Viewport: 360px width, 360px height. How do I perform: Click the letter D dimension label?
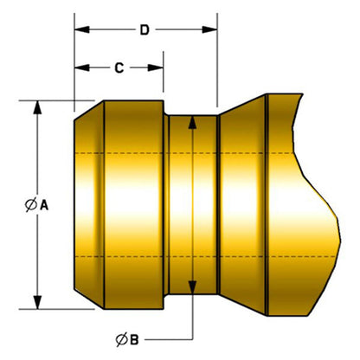[x=145, y=31]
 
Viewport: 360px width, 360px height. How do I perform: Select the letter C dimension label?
[x=119, y=67]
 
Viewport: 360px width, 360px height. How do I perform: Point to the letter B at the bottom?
[x=133, y=338]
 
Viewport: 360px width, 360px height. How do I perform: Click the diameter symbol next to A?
[x=30, y=205]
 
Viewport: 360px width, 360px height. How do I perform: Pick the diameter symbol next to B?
[x=119, y=338]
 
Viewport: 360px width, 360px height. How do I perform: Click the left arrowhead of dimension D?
[x=80, y=31]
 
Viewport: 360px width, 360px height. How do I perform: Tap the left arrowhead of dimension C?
[x=80, y=67]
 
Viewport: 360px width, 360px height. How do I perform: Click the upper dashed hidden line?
[x=199, y=152]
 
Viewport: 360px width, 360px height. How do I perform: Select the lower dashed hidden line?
[x=199, y=257]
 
